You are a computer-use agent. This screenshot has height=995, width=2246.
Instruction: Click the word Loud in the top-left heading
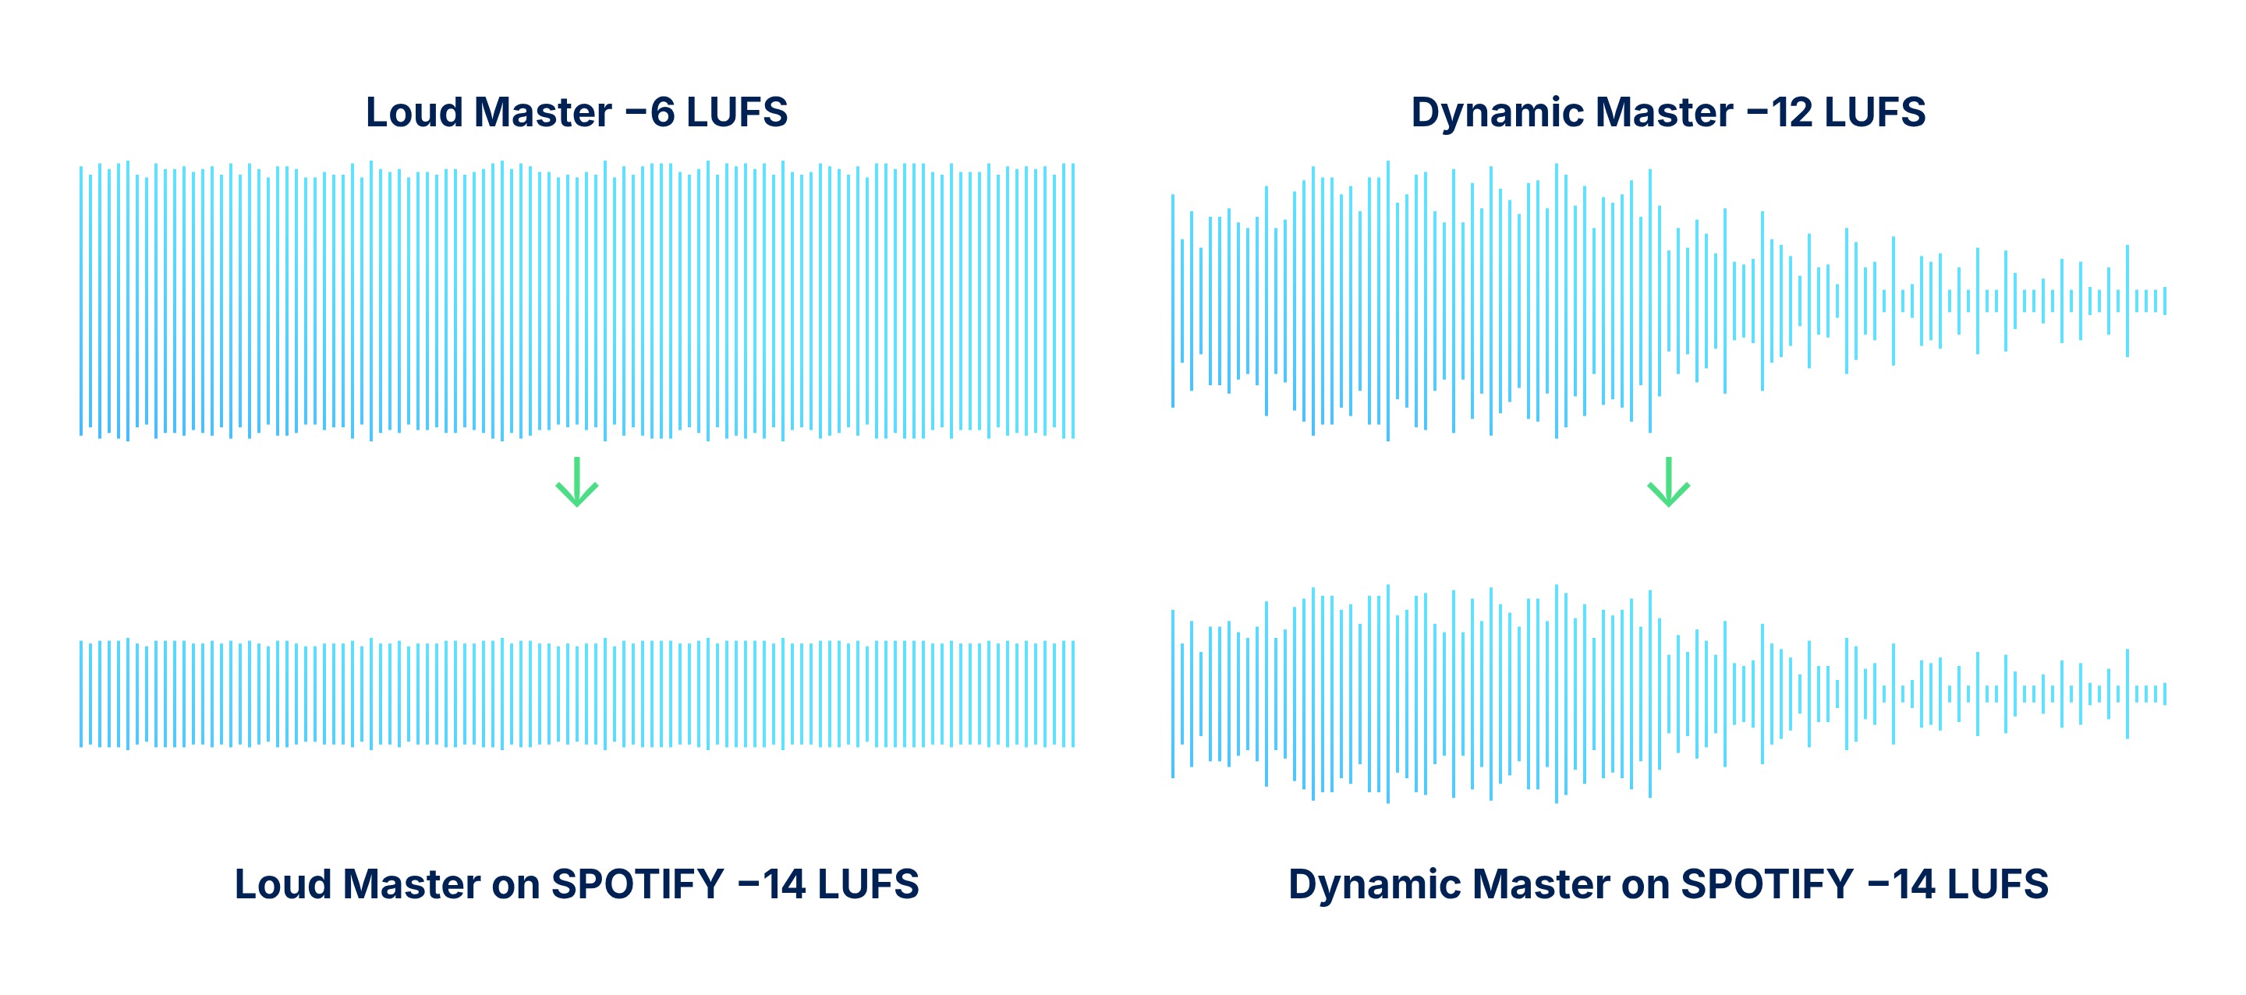pyautogui.click(x=413, y=112)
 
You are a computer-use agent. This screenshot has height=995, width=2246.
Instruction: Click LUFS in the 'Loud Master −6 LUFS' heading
pyautogui.click(x=737, y=112)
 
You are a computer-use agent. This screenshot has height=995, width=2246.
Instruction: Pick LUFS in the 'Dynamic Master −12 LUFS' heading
pyautogui.click(x=1875, y=112)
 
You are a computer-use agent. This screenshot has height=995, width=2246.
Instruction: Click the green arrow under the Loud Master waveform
pyautogui.click(x=577, y=481)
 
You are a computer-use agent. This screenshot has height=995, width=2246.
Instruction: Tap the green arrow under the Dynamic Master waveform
pyautogui.click(x=1669, y=481)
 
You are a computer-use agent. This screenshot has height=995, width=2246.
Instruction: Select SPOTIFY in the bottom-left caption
pyautogui.click(x=637, y=884)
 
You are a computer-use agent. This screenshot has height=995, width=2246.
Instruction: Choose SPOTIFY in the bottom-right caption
pyautogui.click(x=1766, y=884)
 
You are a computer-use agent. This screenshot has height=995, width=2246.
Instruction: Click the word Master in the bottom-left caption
pyautogui.click(x=412, y=884)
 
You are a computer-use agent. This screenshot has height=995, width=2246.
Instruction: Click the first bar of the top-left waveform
pyautogui.click(x=81, y=301)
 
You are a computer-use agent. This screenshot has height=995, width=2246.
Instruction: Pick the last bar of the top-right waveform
pyautogui.click(x=2164, y=301)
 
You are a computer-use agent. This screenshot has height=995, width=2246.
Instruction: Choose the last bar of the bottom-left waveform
pyautogui.click(x=1073, y=694)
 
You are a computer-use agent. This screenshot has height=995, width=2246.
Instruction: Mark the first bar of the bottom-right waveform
pyautogui.click(x=1173, y=694)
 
